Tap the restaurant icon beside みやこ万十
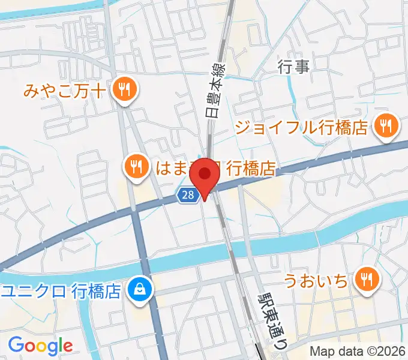pos(126,91)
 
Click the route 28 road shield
pos(187,194)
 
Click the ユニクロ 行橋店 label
pos(62,292)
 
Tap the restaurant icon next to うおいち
pos(366,279)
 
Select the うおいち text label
pos(316,280)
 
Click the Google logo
pos(40,345)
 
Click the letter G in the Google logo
pos(16,344)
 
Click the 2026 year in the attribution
pos(390,351)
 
